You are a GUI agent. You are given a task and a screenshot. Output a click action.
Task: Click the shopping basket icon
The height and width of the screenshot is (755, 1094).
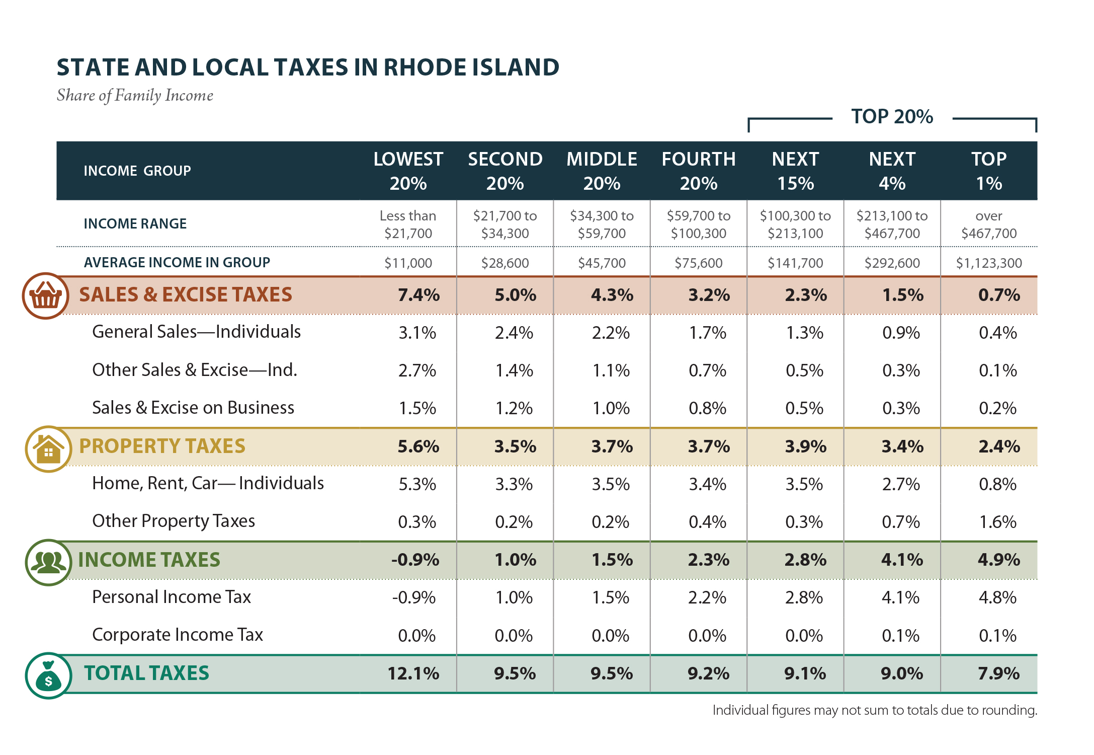point(45,296)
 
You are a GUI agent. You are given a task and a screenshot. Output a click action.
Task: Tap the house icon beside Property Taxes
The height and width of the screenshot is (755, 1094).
point(48,448)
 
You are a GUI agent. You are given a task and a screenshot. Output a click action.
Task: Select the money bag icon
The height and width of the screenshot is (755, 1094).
point(48,675)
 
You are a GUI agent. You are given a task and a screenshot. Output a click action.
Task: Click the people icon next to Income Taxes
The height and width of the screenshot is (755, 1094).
point(48,562)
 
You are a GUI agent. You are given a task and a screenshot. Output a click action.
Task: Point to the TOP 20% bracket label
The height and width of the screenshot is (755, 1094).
point(892,117)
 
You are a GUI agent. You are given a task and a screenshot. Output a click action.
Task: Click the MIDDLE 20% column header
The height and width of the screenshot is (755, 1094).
point(602,171)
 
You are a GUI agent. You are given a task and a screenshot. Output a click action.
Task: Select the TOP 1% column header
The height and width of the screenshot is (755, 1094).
point(988,171)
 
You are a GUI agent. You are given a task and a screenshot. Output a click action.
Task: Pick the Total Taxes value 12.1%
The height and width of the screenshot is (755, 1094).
point(413,673)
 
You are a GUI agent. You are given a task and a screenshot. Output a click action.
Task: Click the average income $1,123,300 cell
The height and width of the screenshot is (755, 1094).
point(988,263)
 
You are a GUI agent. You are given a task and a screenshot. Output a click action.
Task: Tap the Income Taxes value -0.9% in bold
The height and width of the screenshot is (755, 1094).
point(415,560)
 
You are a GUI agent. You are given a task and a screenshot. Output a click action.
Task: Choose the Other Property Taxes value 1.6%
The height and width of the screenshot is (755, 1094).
point(997,522)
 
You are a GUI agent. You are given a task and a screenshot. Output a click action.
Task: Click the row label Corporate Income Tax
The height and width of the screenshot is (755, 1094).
point(178,635)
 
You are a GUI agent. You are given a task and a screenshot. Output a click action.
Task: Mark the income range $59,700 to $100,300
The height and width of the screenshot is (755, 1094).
point(698,224)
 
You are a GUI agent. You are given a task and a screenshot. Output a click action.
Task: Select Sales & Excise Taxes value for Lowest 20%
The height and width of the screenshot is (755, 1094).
point(418,295)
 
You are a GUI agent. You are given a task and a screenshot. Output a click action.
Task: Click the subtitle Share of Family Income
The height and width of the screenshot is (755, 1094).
point(135,96)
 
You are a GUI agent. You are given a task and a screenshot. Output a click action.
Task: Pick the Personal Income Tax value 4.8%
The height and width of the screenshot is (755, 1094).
point(997,597)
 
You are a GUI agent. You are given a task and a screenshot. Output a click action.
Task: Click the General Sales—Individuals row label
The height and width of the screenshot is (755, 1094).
point(196,332)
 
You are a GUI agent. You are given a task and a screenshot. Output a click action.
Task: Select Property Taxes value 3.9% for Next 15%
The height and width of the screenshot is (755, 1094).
point(805,446)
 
